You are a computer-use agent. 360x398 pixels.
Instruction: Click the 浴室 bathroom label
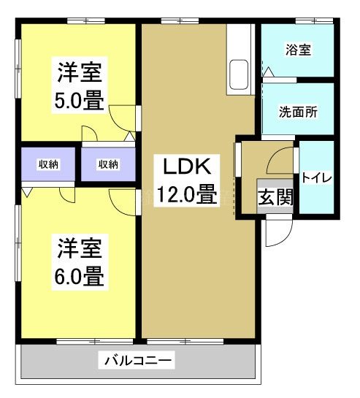coord(298,50)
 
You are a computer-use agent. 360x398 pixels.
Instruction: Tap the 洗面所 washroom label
coord(298,112)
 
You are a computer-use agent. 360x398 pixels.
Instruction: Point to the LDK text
coord(187,167)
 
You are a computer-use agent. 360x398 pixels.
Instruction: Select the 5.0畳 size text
coord(79,99)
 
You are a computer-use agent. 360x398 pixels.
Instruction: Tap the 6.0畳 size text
coord(79,277)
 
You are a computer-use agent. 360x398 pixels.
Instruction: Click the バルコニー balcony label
coord(138,360)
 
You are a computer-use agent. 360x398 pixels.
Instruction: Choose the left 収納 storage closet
coord(49,164)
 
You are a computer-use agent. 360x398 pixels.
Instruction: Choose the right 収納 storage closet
coord(108,164)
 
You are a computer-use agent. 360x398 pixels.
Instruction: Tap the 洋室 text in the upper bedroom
coord(79,72)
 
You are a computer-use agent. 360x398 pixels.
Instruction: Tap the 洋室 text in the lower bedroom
coord(79,249)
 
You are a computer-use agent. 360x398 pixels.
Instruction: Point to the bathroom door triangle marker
coord(269,72)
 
